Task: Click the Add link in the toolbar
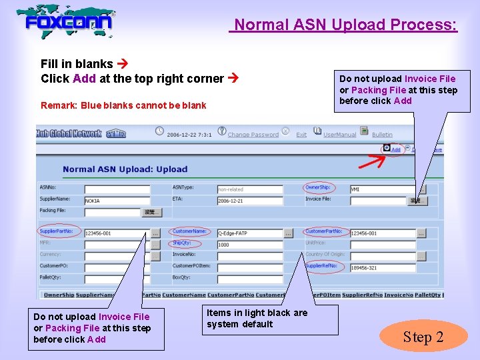point(395,149)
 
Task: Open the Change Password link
point(253,135)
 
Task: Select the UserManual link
point(339,135)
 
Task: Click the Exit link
point(301,135)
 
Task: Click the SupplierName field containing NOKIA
point(117,200)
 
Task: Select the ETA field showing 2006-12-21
point(250,200)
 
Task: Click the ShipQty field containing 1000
point(250,245)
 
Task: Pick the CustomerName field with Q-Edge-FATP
point(250,233)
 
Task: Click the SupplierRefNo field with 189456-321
point(383,267)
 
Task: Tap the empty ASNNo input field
point(117,189)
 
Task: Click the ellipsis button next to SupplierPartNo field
point(155,233)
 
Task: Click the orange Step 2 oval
point(423,337)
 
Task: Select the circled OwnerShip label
point(317,187)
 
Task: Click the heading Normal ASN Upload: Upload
point(125,169)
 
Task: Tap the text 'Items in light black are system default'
point(257,319)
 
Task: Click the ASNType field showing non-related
point(250,189)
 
